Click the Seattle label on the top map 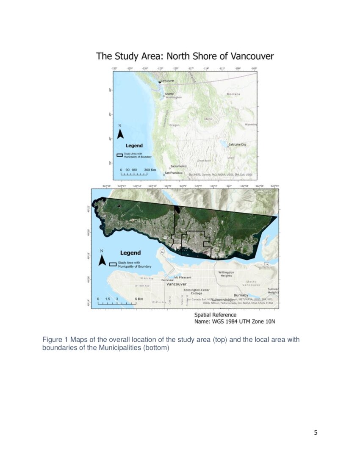click(x=169, y=94)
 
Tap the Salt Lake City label click(x=237, y=144)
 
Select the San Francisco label click(x=174, y=173)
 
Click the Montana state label click(x=233, y=94)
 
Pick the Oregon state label click(x=174, y=125)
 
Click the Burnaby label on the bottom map click(x=241, y=295)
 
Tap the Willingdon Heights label click(x=226, y=274)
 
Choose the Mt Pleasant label click(x=183, y=277)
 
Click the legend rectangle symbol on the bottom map click(x=113, y=264)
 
